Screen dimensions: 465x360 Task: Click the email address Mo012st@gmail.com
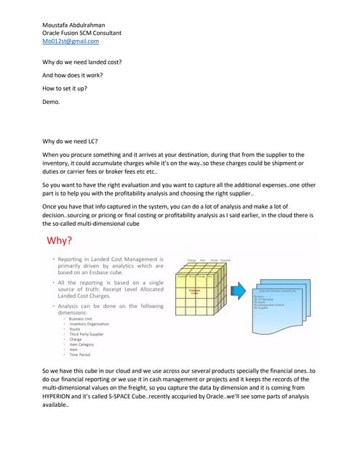coord(71,41)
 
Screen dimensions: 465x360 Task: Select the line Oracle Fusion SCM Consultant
coord(82,33)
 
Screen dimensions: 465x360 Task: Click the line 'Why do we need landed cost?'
coord(82,62)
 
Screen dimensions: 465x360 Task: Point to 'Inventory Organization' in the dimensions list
coord(90,324)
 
